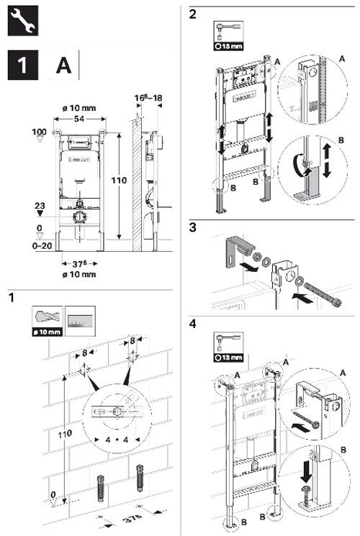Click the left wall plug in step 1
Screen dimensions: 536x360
(x=100, y=495)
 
